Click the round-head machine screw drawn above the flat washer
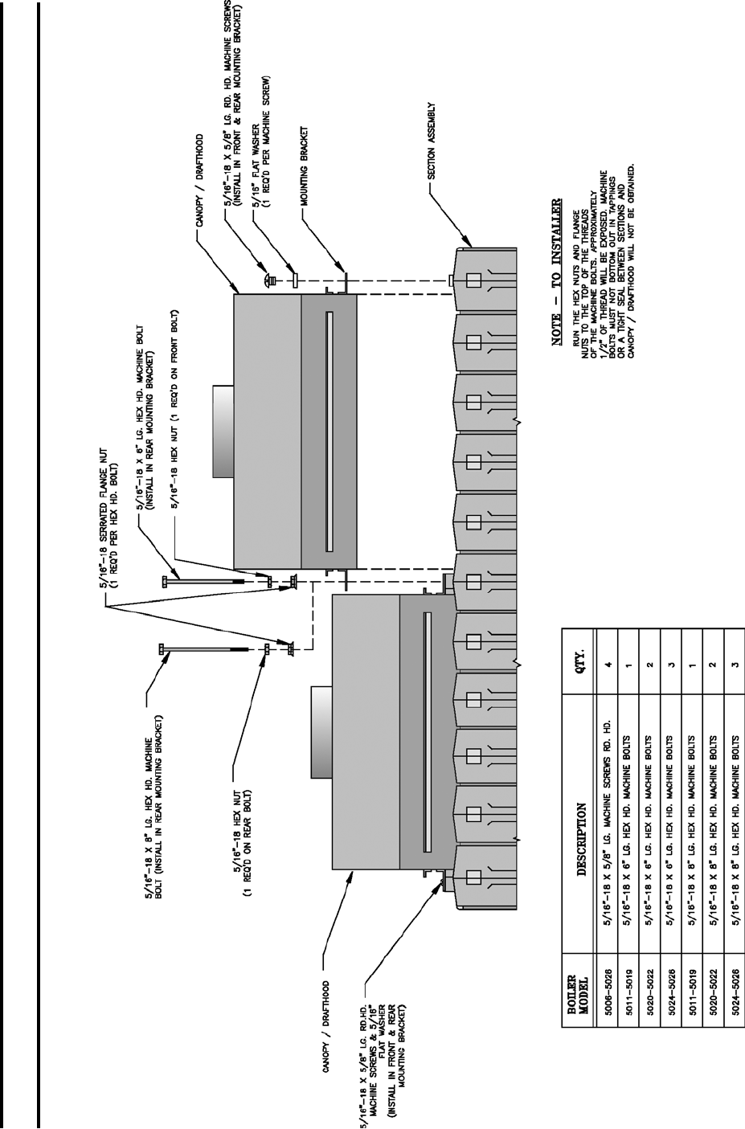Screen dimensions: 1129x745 (267, 280)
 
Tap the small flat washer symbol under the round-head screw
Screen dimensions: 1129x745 (296, 280)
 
